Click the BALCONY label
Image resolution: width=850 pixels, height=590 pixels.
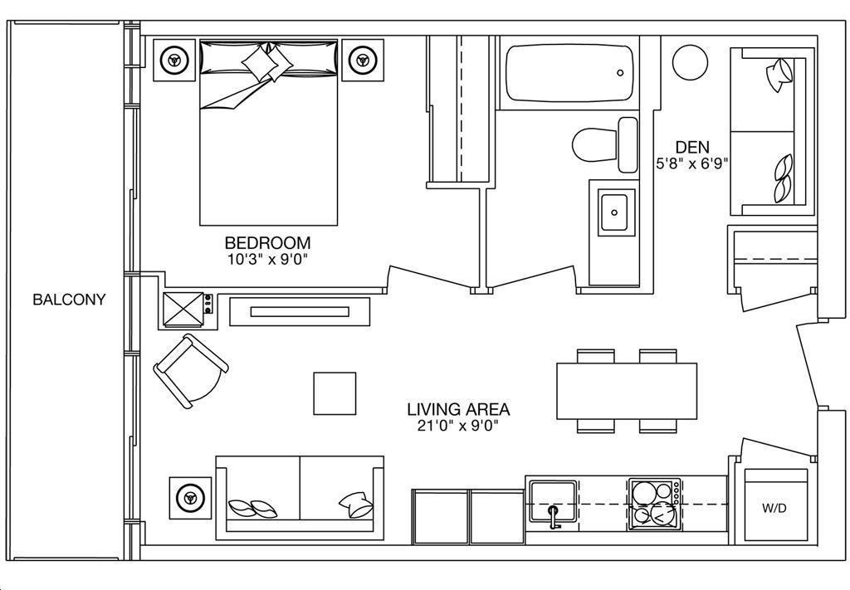click(x=69, y=300)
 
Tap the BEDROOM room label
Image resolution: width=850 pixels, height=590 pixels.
click(x=268, y=242)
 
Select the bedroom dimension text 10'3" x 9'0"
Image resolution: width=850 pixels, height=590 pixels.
click(x=268, y=259)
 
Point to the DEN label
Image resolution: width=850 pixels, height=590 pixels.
click(x=692, y=147)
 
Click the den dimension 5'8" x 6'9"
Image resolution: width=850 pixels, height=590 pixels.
click(x=691, y=163)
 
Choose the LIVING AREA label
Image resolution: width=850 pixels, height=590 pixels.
click(x=458, y=409)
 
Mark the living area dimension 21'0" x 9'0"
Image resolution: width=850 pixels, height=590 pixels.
click(x=458, y=426)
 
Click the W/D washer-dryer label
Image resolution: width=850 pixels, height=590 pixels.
click(x=774, y=508)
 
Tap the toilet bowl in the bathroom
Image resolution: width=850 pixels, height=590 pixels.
click(x=594, y=145)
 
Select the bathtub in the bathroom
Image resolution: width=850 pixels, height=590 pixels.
click(x=569, y=73)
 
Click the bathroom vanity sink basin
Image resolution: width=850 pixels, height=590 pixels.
click(x=617, y=212)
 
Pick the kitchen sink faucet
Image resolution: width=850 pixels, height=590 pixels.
click(x=553, y=515)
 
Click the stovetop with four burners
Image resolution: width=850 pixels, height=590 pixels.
click(x=655, y=505)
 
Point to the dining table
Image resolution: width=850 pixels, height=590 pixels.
click(x=627, y=391)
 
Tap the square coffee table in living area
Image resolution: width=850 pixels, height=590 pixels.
click(x=335, y=393)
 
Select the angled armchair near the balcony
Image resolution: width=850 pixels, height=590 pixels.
click(x=190, y=371)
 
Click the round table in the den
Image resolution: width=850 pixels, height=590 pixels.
click(x=690, y=62)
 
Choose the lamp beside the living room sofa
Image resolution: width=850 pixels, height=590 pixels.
click(x=190, y=497)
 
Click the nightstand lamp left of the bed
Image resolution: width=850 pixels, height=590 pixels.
click(x=174, y=60)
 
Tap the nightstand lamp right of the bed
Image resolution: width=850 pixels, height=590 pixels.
click(x=362, y=60)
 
